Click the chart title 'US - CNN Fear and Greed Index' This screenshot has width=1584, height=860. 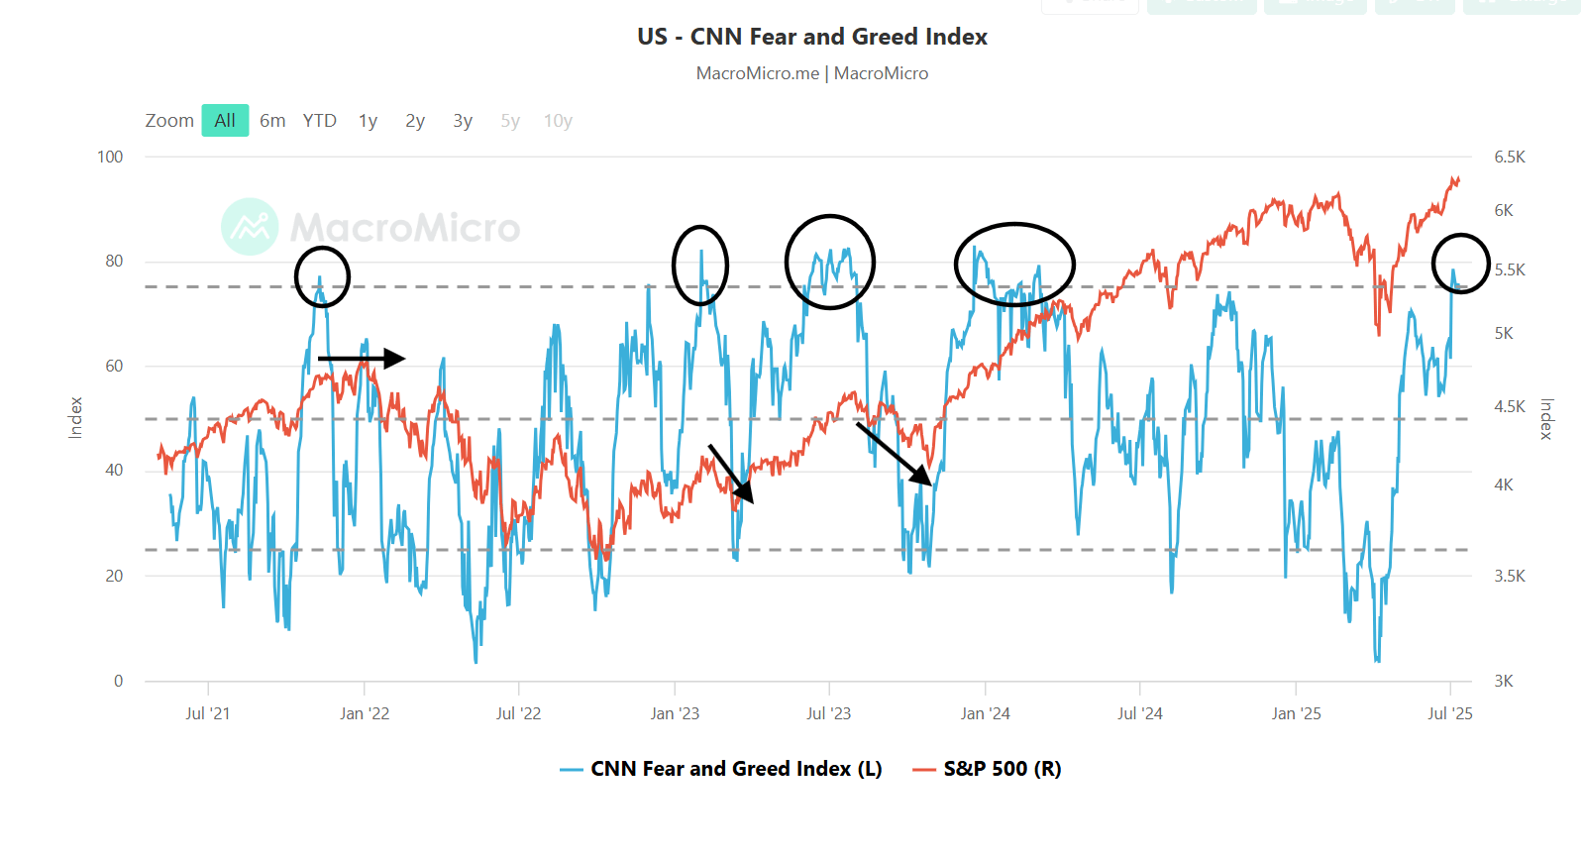812,37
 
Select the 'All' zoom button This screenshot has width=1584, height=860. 225,121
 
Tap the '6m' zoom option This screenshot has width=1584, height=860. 272,121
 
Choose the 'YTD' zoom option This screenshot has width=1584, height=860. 319,121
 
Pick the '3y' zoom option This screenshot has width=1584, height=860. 463,121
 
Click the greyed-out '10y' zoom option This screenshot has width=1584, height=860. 558,121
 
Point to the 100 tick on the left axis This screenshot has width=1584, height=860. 110,157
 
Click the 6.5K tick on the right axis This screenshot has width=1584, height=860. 1510,157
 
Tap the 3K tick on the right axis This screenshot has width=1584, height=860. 1503,681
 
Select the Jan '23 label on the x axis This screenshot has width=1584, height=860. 675,713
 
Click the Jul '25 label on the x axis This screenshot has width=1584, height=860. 1449,713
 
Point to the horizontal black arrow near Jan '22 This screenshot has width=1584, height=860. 362,358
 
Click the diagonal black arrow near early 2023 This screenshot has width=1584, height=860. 731,474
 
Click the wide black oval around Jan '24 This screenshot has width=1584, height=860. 1014,264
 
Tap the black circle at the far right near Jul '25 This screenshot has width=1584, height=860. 1460,264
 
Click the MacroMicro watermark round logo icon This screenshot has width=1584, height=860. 250,227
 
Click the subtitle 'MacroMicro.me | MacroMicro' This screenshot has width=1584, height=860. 812,73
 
